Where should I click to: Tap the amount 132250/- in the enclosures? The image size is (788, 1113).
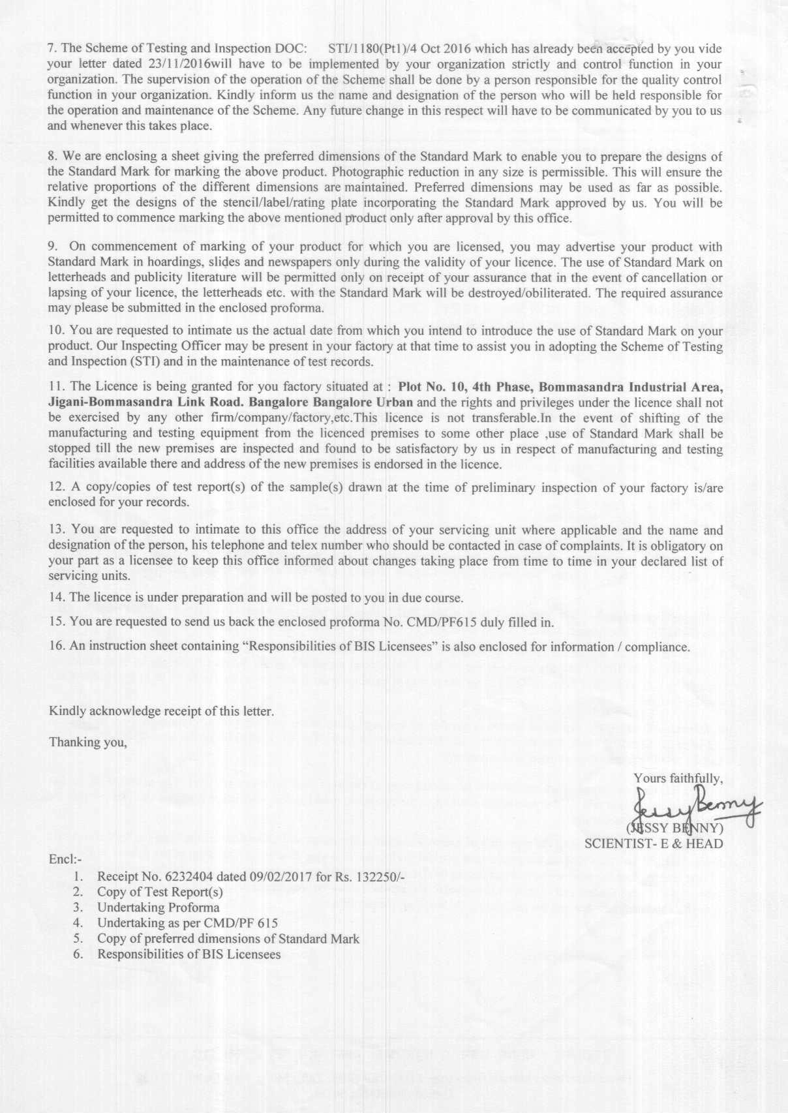(379, 876)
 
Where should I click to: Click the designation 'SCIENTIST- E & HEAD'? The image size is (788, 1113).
(654, 844)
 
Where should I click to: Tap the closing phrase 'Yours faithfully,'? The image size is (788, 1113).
(678, 778)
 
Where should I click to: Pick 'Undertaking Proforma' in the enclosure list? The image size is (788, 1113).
(159, 907)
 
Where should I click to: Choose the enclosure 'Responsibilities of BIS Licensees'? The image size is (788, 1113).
(189, 954)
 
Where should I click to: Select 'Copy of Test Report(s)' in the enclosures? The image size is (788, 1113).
(160, 892)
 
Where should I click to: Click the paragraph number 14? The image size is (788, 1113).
(55, 597)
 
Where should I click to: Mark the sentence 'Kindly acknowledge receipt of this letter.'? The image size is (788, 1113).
(161, 710)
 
